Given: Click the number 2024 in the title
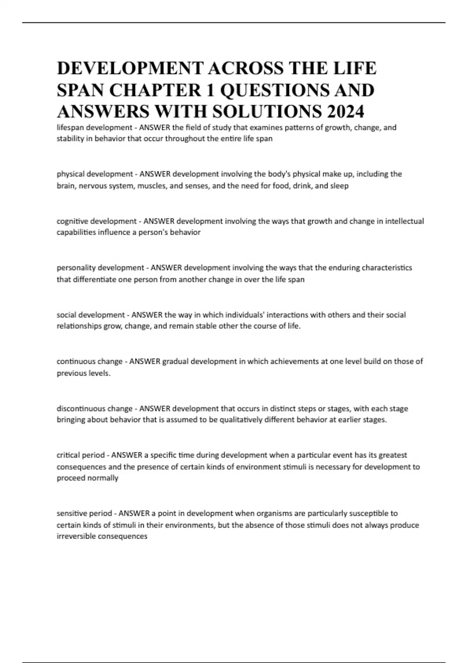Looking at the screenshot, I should (346, 112).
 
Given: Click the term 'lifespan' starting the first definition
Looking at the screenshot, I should (70, 128).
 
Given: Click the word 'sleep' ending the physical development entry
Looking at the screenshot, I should (339, 186).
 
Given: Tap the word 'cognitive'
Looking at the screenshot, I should (73, 221).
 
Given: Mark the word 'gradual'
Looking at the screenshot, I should (175, 362).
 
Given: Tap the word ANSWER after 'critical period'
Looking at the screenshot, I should (127, 455).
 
